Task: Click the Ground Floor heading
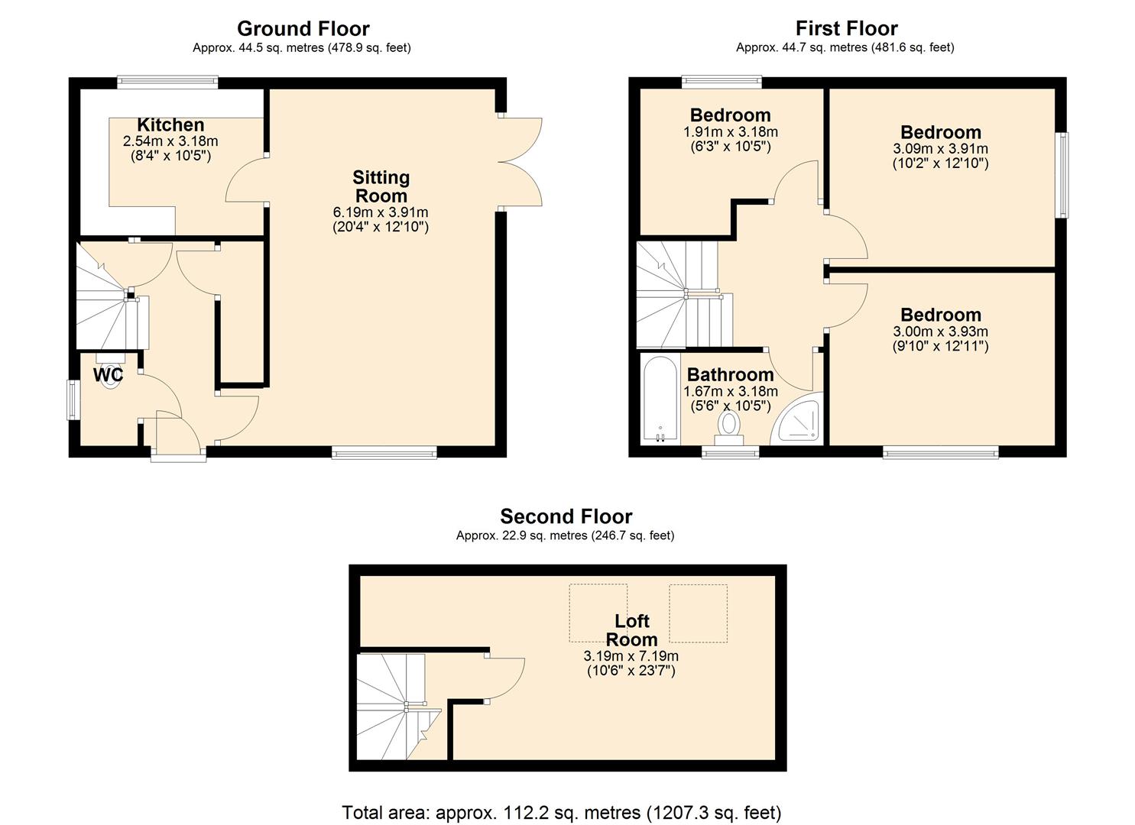[303, 29]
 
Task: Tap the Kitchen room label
[170, 125]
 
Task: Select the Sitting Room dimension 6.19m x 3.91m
[380, 212]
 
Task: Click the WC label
[108, 375]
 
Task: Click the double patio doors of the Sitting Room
[520, 161]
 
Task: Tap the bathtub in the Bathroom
[660, 398]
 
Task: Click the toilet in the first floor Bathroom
[729, 426]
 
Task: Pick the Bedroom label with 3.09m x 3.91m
[940, 132]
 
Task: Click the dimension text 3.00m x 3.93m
[940, 332]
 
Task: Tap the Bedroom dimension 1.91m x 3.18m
[730, 131]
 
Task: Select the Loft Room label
[631, 630]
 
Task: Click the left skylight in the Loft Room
[598, 613]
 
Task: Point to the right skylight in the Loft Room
[698, 613]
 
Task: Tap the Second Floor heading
[566, 516]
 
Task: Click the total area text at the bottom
[561, 812]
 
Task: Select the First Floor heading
[845, 29]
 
